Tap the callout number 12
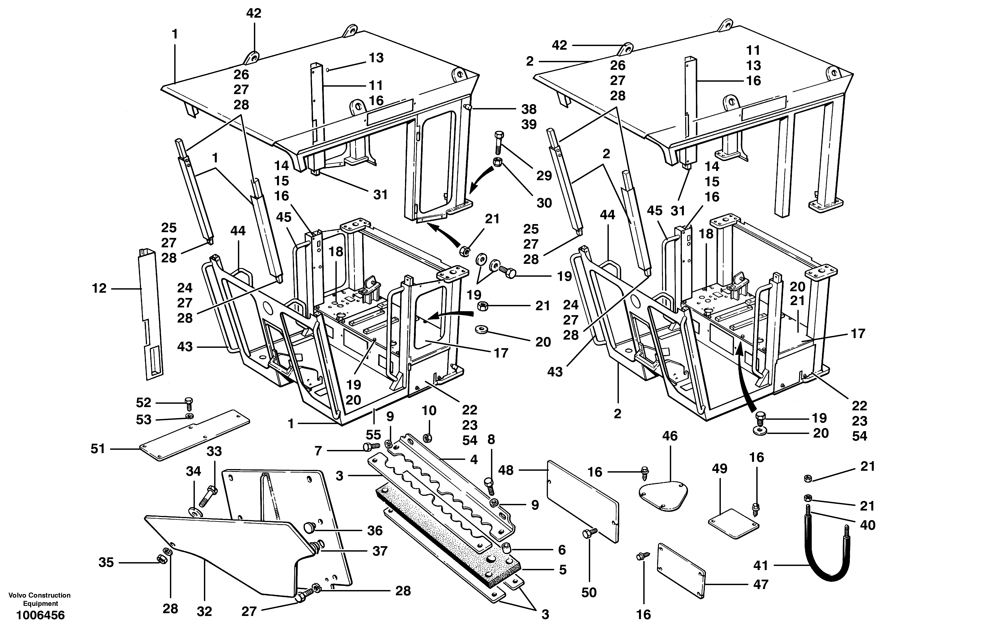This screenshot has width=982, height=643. coord(99,288)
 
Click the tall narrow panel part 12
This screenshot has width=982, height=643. coord(149,314)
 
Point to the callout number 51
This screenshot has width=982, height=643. coord(98,449)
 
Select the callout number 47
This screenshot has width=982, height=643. coord(760,584)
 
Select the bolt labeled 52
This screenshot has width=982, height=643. coord(189,402)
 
